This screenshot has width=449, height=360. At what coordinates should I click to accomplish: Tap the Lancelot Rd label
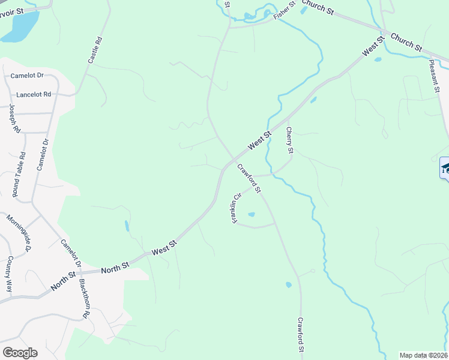click(x=34, y=95)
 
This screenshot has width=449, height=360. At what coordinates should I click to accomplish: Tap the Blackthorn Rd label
click(x=84, y=299)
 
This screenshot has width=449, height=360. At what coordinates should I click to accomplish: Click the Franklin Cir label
click(x=237, y=209)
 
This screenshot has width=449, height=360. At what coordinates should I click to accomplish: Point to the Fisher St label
click(x=285, y=11)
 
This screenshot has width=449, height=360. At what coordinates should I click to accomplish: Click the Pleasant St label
click(x=435, y=75)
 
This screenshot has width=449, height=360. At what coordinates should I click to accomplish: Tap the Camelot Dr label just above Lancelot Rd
click(x=28, y=76)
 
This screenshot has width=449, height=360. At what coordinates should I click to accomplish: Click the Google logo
click(x=20, y=353)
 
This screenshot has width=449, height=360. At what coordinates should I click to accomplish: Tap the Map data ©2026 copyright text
click(x=423, y=355)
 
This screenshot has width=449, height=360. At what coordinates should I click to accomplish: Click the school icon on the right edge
click(x=445, y=168)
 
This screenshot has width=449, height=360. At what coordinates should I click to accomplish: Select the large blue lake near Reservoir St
click(x=19, y=27)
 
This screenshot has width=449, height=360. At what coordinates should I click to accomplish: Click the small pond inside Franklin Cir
click(x=251, y=214)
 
